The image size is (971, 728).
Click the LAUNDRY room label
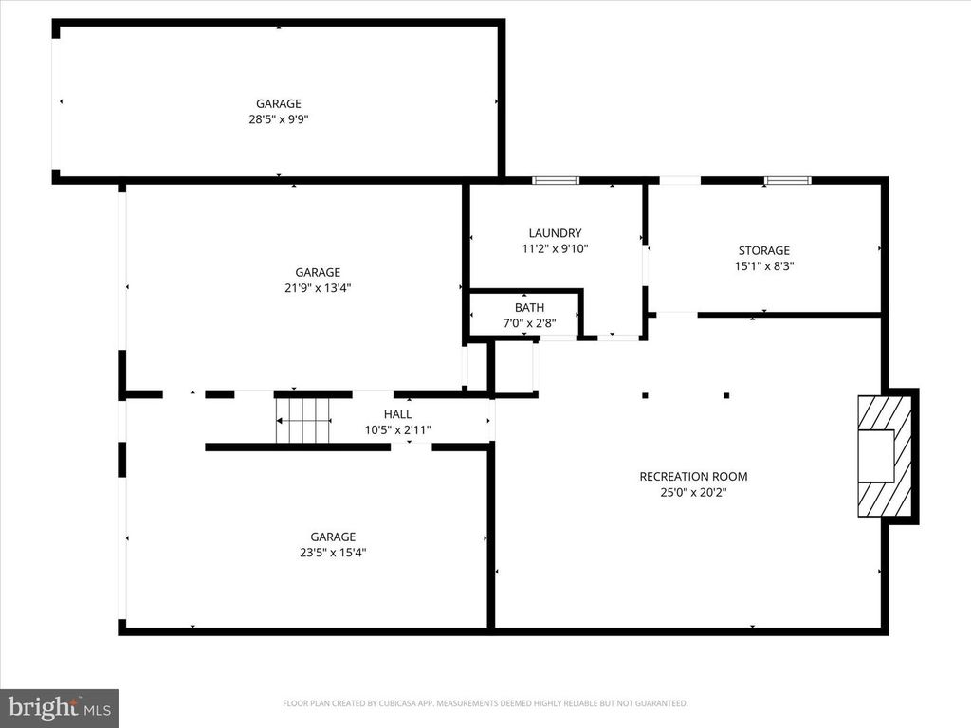pos(555,233)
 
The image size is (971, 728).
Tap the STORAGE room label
pos(764,251)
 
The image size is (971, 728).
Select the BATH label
pos(529,308)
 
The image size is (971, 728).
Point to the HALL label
pos(397,414)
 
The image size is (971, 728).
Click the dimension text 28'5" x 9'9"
pos(278,119)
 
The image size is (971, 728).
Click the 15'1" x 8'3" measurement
pos(764,266)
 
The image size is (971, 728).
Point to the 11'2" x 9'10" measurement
pos(555,248)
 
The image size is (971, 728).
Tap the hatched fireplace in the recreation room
pos(884,457)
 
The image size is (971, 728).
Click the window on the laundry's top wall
pos(555,180)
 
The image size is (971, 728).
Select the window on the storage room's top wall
pos(788,180)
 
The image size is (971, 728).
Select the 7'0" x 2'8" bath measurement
pos(529,323)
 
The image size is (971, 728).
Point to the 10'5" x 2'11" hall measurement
pos(397,429)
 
